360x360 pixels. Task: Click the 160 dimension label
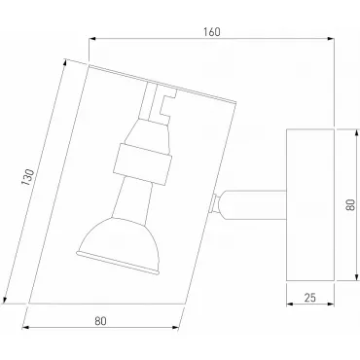(212, 32)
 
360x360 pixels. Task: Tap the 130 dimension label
(27, 177)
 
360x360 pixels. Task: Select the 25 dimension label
(310, 298)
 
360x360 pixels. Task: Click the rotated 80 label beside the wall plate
(351, 205)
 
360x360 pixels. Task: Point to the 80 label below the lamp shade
(100, 321)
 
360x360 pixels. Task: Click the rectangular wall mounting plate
(310, 205)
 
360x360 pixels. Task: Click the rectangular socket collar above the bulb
(142, 164)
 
